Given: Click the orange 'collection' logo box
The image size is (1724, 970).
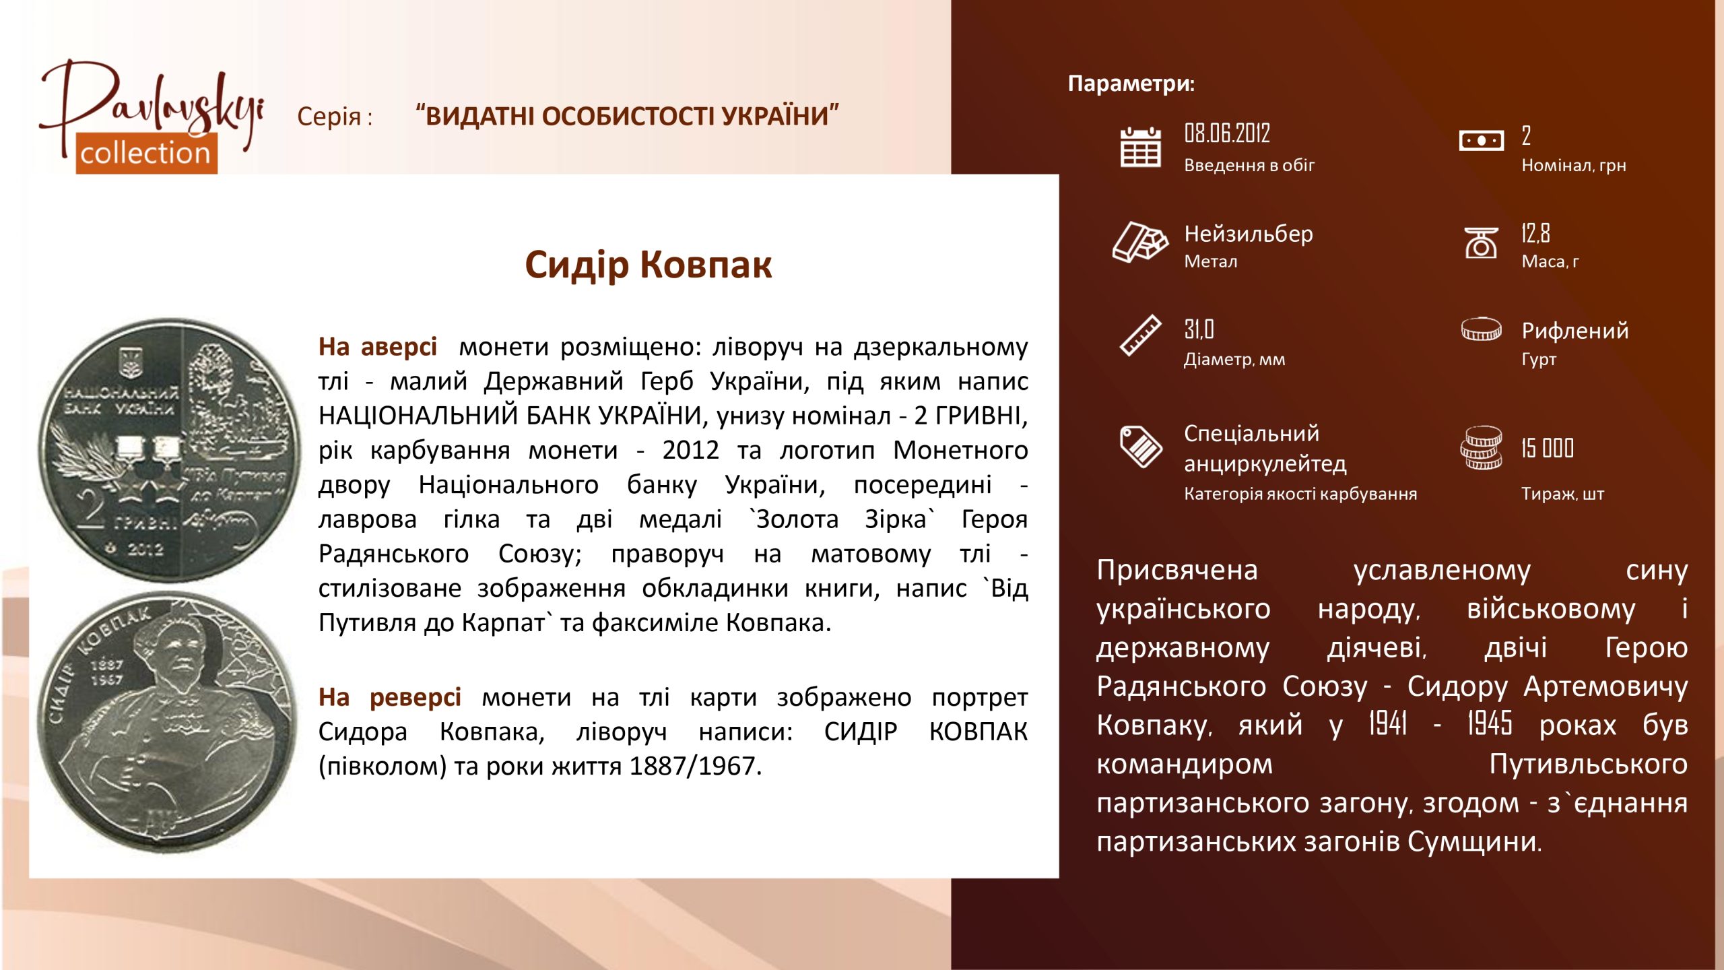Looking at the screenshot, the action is point(146,153).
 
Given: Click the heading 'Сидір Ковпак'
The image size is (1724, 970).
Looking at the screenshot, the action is point(648,265).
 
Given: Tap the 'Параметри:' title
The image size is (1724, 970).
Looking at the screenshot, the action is point(1131,84).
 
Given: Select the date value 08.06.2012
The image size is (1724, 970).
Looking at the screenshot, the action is point(1227,133).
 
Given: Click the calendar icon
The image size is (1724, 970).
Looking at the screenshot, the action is point(1140,147).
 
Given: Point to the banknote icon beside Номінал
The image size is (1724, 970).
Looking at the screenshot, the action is point(1481,141).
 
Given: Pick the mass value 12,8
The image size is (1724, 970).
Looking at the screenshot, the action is point(1535,233).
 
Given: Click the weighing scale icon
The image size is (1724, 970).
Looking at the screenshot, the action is point(1481,243).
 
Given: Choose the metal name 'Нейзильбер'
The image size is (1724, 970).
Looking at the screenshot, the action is point(1249,234).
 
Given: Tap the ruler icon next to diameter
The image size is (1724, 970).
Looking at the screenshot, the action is point(1140,335).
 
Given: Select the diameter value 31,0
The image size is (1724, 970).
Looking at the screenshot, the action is point(1199,329).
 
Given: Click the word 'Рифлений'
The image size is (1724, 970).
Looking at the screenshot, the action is point(1575,331).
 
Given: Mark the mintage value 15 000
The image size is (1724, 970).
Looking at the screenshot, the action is point(1547,448).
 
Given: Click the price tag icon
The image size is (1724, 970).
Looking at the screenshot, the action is point(1140,446).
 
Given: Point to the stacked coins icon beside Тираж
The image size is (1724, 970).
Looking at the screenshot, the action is point(1481,448).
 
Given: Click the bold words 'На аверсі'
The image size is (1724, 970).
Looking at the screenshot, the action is point(378,347).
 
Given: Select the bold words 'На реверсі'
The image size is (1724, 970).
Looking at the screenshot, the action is point(390,697).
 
